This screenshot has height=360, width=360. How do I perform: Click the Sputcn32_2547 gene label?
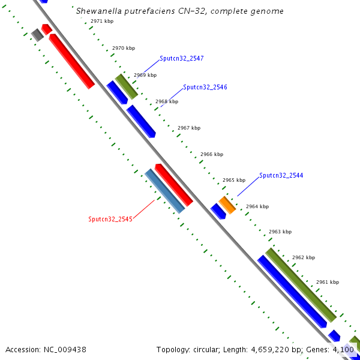click(182, 59)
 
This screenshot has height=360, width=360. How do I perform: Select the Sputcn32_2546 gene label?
click(205, 87)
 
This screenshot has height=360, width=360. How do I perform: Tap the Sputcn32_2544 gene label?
click(281, 176)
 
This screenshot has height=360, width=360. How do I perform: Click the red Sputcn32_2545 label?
click(110, 219)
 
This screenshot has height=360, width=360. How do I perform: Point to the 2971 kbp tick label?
click(102, 21)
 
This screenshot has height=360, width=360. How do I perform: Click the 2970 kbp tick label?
click(124, 47)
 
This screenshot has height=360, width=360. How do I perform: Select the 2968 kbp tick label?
click(167, 101)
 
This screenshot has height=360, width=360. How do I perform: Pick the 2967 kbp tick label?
click(189, 128)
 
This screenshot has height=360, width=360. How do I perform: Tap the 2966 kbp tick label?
click(212, 154)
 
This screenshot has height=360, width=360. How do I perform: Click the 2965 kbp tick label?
click(234, 180)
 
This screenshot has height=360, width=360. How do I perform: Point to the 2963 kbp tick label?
click(280, 232)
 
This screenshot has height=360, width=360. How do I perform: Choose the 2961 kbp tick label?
click(328, 282)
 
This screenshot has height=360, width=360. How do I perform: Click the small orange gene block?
click(227, 205)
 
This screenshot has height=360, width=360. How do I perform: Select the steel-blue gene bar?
click(164, 191)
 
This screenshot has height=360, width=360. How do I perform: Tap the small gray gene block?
click(38, 35)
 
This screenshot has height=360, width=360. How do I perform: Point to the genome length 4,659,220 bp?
click(276, 349)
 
